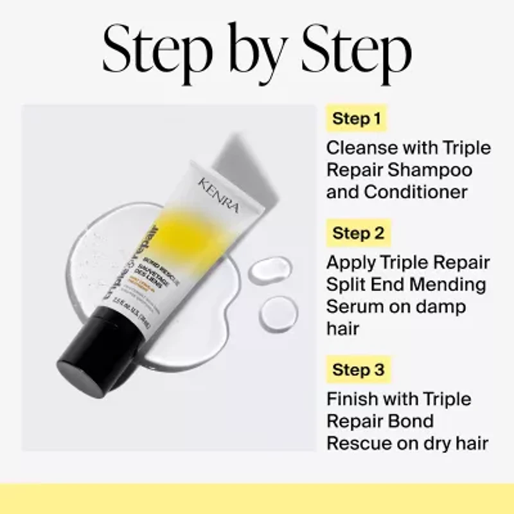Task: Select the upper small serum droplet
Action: tap(270, 270)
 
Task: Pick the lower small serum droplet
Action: tap(278, 313)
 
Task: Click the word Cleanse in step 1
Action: tap(362, 148)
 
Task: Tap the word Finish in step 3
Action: tap(353, 399)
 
